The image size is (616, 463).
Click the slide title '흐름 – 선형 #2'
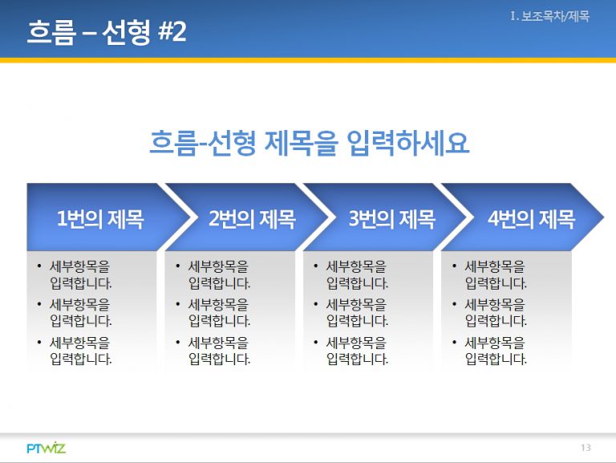click(x=107, y=31)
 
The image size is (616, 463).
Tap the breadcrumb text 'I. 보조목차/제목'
click(x=549, y=16)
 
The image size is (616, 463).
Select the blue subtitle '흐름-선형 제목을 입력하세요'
click(x=309, y=142)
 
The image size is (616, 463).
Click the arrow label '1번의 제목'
click(x=100, y=218)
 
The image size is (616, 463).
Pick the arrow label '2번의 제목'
click(x=252, y=218)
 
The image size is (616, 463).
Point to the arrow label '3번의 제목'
click(x=392, y=218)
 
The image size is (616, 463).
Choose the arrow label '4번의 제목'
click(x=531, y=218)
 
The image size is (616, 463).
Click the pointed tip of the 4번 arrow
click(x=603, y=217)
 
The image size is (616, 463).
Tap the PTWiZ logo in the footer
click(x=46, y=448)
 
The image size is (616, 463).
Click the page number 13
click(x=586, y=447)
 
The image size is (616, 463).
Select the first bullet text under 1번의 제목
click(x=80, y=274)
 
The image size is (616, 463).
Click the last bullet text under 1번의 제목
click(x=80, y=351)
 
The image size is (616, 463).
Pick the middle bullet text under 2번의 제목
click(x=219, y=313)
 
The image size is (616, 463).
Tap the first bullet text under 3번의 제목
click(x=357, y=274)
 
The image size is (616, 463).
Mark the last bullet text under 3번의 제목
click(x=357, y=351)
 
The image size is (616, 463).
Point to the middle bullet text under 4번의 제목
click(x=496, y=313)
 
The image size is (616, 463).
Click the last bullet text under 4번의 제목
click(x=496, y=351)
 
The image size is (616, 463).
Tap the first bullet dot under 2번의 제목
click(x=177, y=266)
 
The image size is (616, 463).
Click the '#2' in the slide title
click(x=172, y=31)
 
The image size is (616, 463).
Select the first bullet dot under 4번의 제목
click(x=454, y=266)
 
